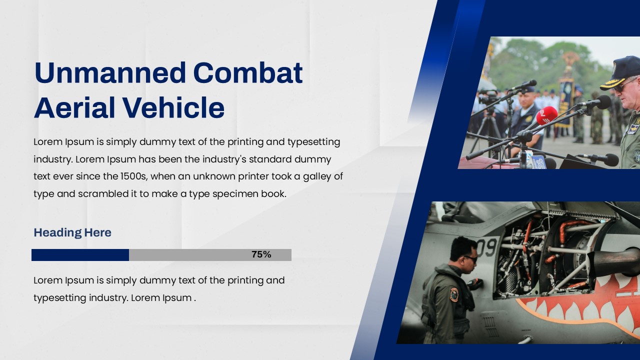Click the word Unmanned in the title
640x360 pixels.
pos(110,73)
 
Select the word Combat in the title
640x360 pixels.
pos(247,73)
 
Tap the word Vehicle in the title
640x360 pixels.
pos(173,108)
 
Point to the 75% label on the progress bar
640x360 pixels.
pos(261,254)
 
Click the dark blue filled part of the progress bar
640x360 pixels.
pos(80,255)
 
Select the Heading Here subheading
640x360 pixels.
pos(72,232)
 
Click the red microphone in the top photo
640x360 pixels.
pos(546,115)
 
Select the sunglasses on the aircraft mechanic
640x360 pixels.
pos(470,259)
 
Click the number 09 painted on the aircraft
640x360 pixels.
pos(485,247)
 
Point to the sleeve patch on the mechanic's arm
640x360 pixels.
pos(453,294)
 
